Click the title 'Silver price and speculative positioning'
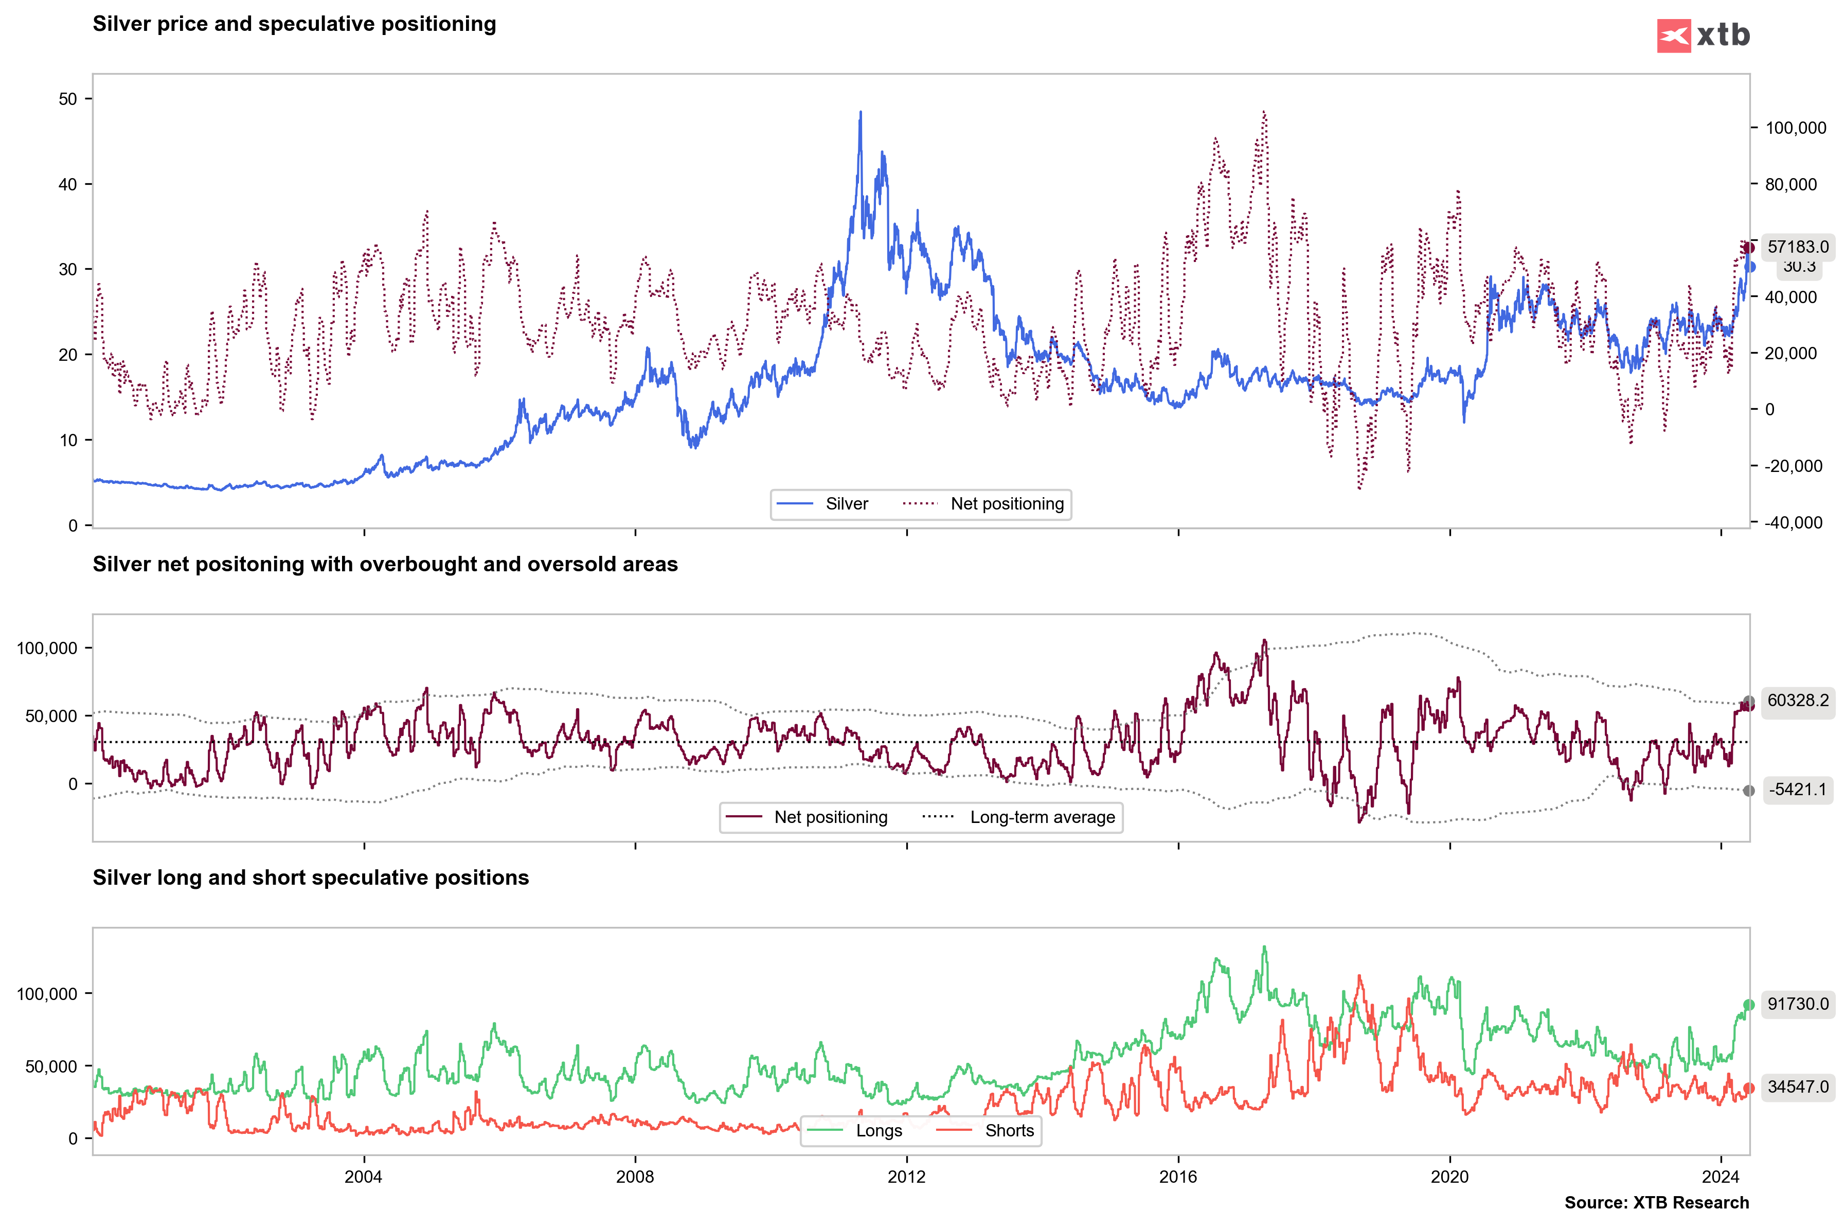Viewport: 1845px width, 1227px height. pos(294,24)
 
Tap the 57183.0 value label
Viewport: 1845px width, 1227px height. pos(1797,247)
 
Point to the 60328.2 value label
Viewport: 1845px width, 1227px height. pos(1797,700)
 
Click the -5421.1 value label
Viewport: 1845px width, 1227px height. pos(1797,790)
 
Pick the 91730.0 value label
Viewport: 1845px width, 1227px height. pos(1797,1004)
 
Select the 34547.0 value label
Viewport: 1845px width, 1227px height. pos(1797,1087)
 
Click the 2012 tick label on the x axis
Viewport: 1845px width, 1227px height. pos(906,1177)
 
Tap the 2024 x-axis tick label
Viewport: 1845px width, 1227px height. pos(1721,1177)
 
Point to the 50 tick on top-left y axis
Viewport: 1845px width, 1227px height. pos(68,99)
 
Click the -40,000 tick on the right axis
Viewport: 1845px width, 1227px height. pos(1794,523)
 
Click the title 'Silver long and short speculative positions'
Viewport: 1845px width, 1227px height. pos(311,878)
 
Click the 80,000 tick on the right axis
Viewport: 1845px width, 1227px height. pos(1790,185)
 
